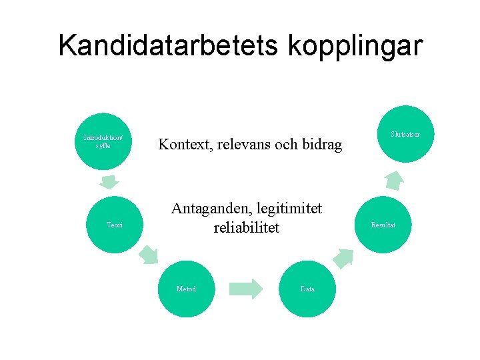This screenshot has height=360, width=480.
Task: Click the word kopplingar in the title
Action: point(356,47)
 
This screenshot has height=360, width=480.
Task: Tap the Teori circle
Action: point(115,225)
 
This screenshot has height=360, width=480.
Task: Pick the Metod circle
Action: point(186,289)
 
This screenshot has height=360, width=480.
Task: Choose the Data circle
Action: point(307,289)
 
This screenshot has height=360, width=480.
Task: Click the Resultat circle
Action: point(383,225)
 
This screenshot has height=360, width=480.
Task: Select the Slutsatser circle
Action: point(405,134)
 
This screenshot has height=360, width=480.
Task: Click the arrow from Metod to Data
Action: point(246,289)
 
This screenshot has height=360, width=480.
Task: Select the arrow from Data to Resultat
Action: point(343,257)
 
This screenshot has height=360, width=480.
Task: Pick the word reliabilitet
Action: point(246,228)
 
